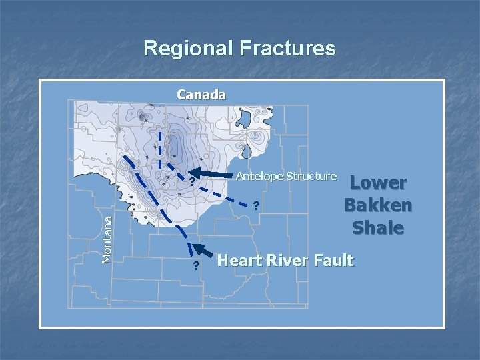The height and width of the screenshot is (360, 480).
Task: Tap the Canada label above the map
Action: pos(201,95)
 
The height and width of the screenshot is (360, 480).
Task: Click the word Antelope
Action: pos(259,176)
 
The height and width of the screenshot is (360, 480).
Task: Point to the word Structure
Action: pos(311,176)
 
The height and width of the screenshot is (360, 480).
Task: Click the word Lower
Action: pos(378,183)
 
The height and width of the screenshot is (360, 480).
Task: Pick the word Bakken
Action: pos(378,205)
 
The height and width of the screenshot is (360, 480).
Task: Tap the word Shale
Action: pos(378,227)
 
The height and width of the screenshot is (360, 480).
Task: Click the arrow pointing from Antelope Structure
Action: pos(213,174)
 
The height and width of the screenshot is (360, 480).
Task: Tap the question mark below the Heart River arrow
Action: pos(195,267)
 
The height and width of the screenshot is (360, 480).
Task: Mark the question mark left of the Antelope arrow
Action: pos(191,181)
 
